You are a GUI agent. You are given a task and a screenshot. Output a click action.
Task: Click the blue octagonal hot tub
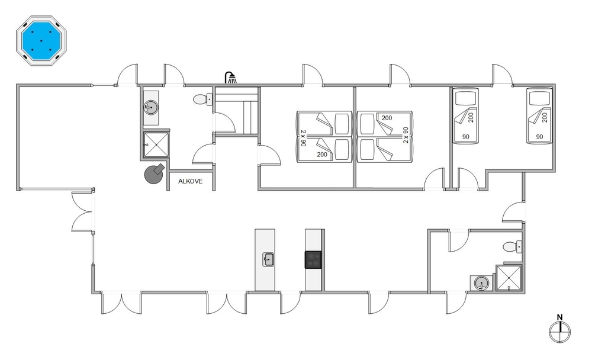point(41,41)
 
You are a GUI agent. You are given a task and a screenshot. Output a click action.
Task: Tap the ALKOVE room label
point(190,181)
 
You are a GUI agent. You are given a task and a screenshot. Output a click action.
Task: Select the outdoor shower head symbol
point(231,78)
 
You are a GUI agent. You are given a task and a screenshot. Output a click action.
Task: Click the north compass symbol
point(559,332)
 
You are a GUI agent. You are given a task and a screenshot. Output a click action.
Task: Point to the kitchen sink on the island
point(268,260)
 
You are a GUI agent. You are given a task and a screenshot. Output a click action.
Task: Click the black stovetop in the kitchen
point(313,260)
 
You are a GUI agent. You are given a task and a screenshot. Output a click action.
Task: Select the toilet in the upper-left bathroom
point(202,99)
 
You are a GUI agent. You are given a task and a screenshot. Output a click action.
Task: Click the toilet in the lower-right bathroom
point(512,247)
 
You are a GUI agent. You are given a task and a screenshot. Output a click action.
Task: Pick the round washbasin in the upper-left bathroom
point(151,108)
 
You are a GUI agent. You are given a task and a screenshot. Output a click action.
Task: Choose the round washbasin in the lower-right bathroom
point(481,283)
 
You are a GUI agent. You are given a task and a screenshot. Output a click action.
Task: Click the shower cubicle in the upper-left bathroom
point(156,144)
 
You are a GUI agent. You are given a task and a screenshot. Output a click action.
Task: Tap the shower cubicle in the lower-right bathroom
point(509,278)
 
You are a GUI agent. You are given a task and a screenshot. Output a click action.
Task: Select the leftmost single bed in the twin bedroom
point(465,116)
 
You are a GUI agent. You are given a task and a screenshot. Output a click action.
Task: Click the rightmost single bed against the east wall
point(539,116)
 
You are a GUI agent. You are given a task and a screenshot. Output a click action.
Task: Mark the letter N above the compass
point(560,318)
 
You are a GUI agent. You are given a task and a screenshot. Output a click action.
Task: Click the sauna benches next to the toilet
point(236,110)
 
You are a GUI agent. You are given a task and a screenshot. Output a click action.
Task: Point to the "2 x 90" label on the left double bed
point(303,139)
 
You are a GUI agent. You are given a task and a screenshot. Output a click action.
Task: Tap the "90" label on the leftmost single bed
point(465,137)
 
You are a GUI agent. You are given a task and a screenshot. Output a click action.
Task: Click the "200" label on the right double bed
point(387,118)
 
